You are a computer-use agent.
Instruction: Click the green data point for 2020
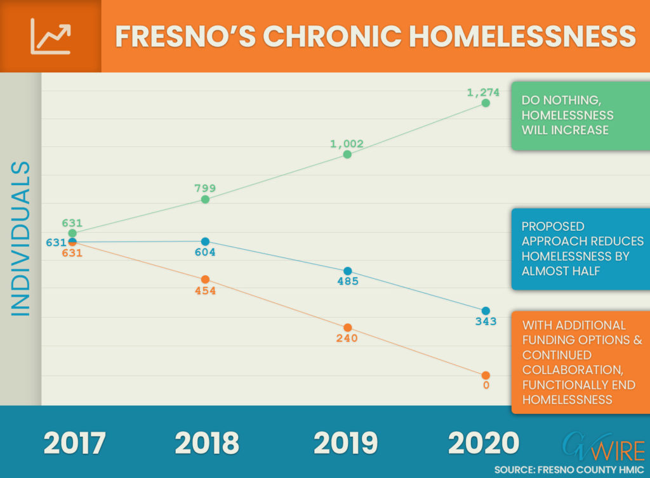[x=486, y=103]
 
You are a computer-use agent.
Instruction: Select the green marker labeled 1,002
[x=347, y=154]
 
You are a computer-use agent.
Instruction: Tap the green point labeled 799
[x=205, y=200]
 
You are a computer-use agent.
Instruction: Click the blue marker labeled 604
[x=205, y=242]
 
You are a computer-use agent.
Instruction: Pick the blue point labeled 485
[x=348, y=271]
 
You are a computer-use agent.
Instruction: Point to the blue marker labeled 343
[x=486, y=311]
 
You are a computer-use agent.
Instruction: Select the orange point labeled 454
[x=205, y=280]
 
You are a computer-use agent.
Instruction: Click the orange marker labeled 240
[x=348, y=327]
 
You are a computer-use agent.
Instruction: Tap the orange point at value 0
[x=486, y=375]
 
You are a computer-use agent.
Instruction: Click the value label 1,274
[x=483, y=93]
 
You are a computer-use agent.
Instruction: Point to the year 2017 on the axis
[x=75, y=443]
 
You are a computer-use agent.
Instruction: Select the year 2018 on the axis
[x=207, y=443]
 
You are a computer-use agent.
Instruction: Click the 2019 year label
[x=346, y=443]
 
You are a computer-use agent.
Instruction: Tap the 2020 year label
[x=483, y=443]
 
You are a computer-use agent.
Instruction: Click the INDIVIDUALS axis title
[x=21, y=239]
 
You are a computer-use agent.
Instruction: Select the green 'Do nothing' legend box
[x=580, y=116]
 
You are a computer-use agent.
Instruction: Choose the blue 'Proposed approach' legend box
[x=580, y=249]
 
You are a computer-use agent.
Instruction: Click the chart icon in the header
[x=51, y=36]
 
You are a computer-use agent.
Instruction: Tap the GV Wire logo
[x=604, y=447]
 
